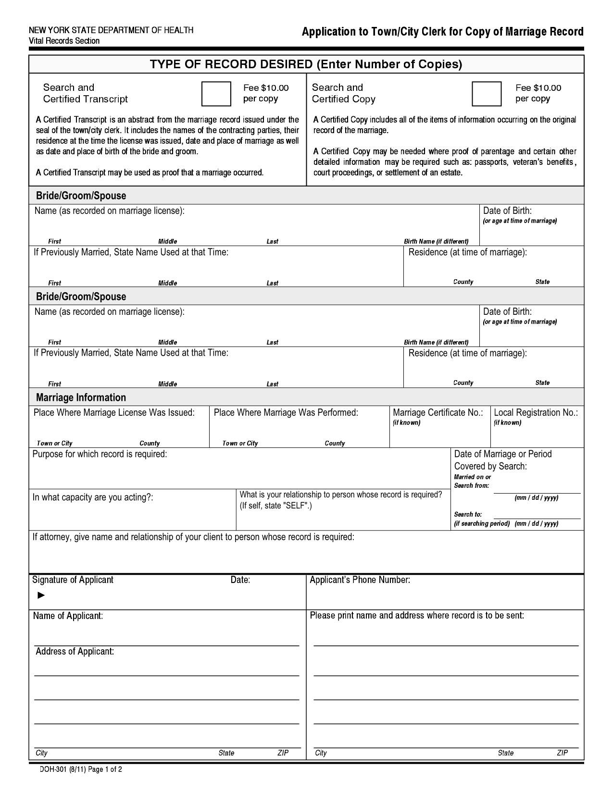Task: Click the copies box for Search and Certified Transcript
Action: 216,94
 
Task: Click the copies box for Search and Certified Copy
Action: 486,94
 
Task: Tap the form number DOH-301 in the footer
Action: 53,769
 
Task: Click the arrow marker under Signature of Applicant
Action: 41,595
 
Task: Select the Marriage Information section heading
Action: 81,397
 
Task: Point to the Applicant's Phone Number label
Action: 360,580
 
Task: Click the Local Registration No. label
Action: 536,412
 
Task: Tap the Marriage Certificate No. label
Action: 438,412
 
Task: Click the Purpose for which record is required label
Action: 100,454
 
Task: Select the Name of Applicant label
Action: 68,616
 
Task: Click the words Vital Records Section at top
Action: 64,41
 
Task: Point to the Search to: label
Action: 468,514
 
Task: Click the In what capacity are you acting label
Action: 93,497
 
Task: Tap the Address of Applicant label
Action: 75,651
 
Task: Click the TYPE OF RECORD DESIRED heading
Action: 306,64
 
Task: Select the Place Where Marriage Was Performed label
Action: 286,412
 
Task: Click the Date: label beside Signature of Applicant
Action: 240,580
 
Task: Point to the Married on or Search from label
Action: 472,481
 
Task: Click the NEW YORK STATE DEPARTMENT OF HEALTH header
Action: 111,30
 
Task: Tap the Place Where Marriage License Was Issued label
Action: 114,412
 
